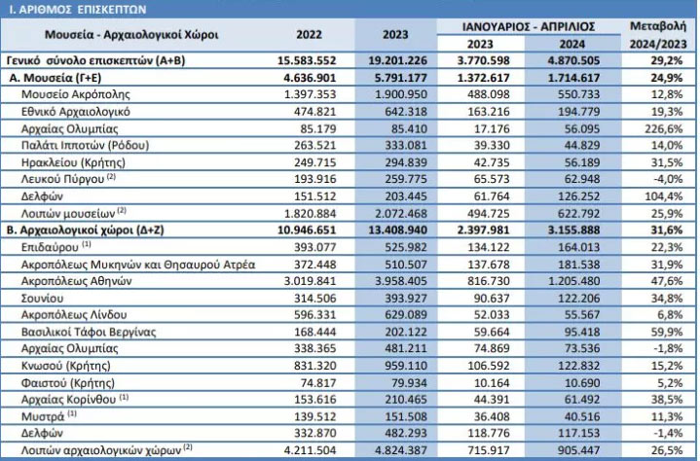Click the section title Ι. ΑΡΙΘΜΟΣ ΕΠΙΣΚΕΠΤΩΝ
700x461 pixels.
pyautogui.click(x=78, y=10)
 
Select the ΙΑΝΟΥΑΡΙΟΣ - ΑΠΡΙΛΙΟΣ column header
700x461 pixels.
pyautogui.click(x=529, y=27)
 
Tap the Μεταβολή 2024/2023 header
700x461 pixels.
pyautogui.click(x=658, y=35)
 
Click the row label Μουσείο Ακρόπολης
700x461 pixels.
pyautogui.click(x=76, y=94)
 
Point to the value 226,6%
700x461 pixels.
pyautogui.click(x=664, y=128)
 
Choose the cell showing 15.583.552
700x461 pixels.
pyautogui.click(x=307, y=60)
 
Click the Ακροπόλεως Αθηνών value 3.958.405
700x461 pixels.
pyautogui.click(x=398, y=281)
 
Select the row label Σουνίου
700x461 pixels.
pyautogui.click(x=43, y=299)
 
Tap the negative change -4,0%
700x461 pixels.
pyautogui.click(x=667, y=179)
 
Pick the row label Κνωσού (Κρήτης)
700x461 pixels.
pyautogui.click(x=66, y=366)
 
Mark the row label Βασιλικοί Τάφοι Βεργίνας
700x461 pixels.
pyautogui.click(x=89, y=333)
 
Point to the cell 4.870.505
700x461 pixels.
pyautogui.click(x=573, y=60)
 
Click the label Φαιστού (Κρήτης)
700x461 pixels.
pyautogui.click(x=68, y=383)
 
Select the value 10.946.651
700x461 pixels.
pyautogui.click(x=307, y=230)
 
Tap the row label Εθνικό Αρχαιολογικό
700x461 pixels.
pyautogui.click(x=76, y=112)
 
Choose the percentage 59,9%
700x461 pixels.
pyautogui.click(x=667, y=333)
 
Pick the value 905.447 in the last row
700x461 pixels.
pyautogui.click(x=579, y=450)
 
